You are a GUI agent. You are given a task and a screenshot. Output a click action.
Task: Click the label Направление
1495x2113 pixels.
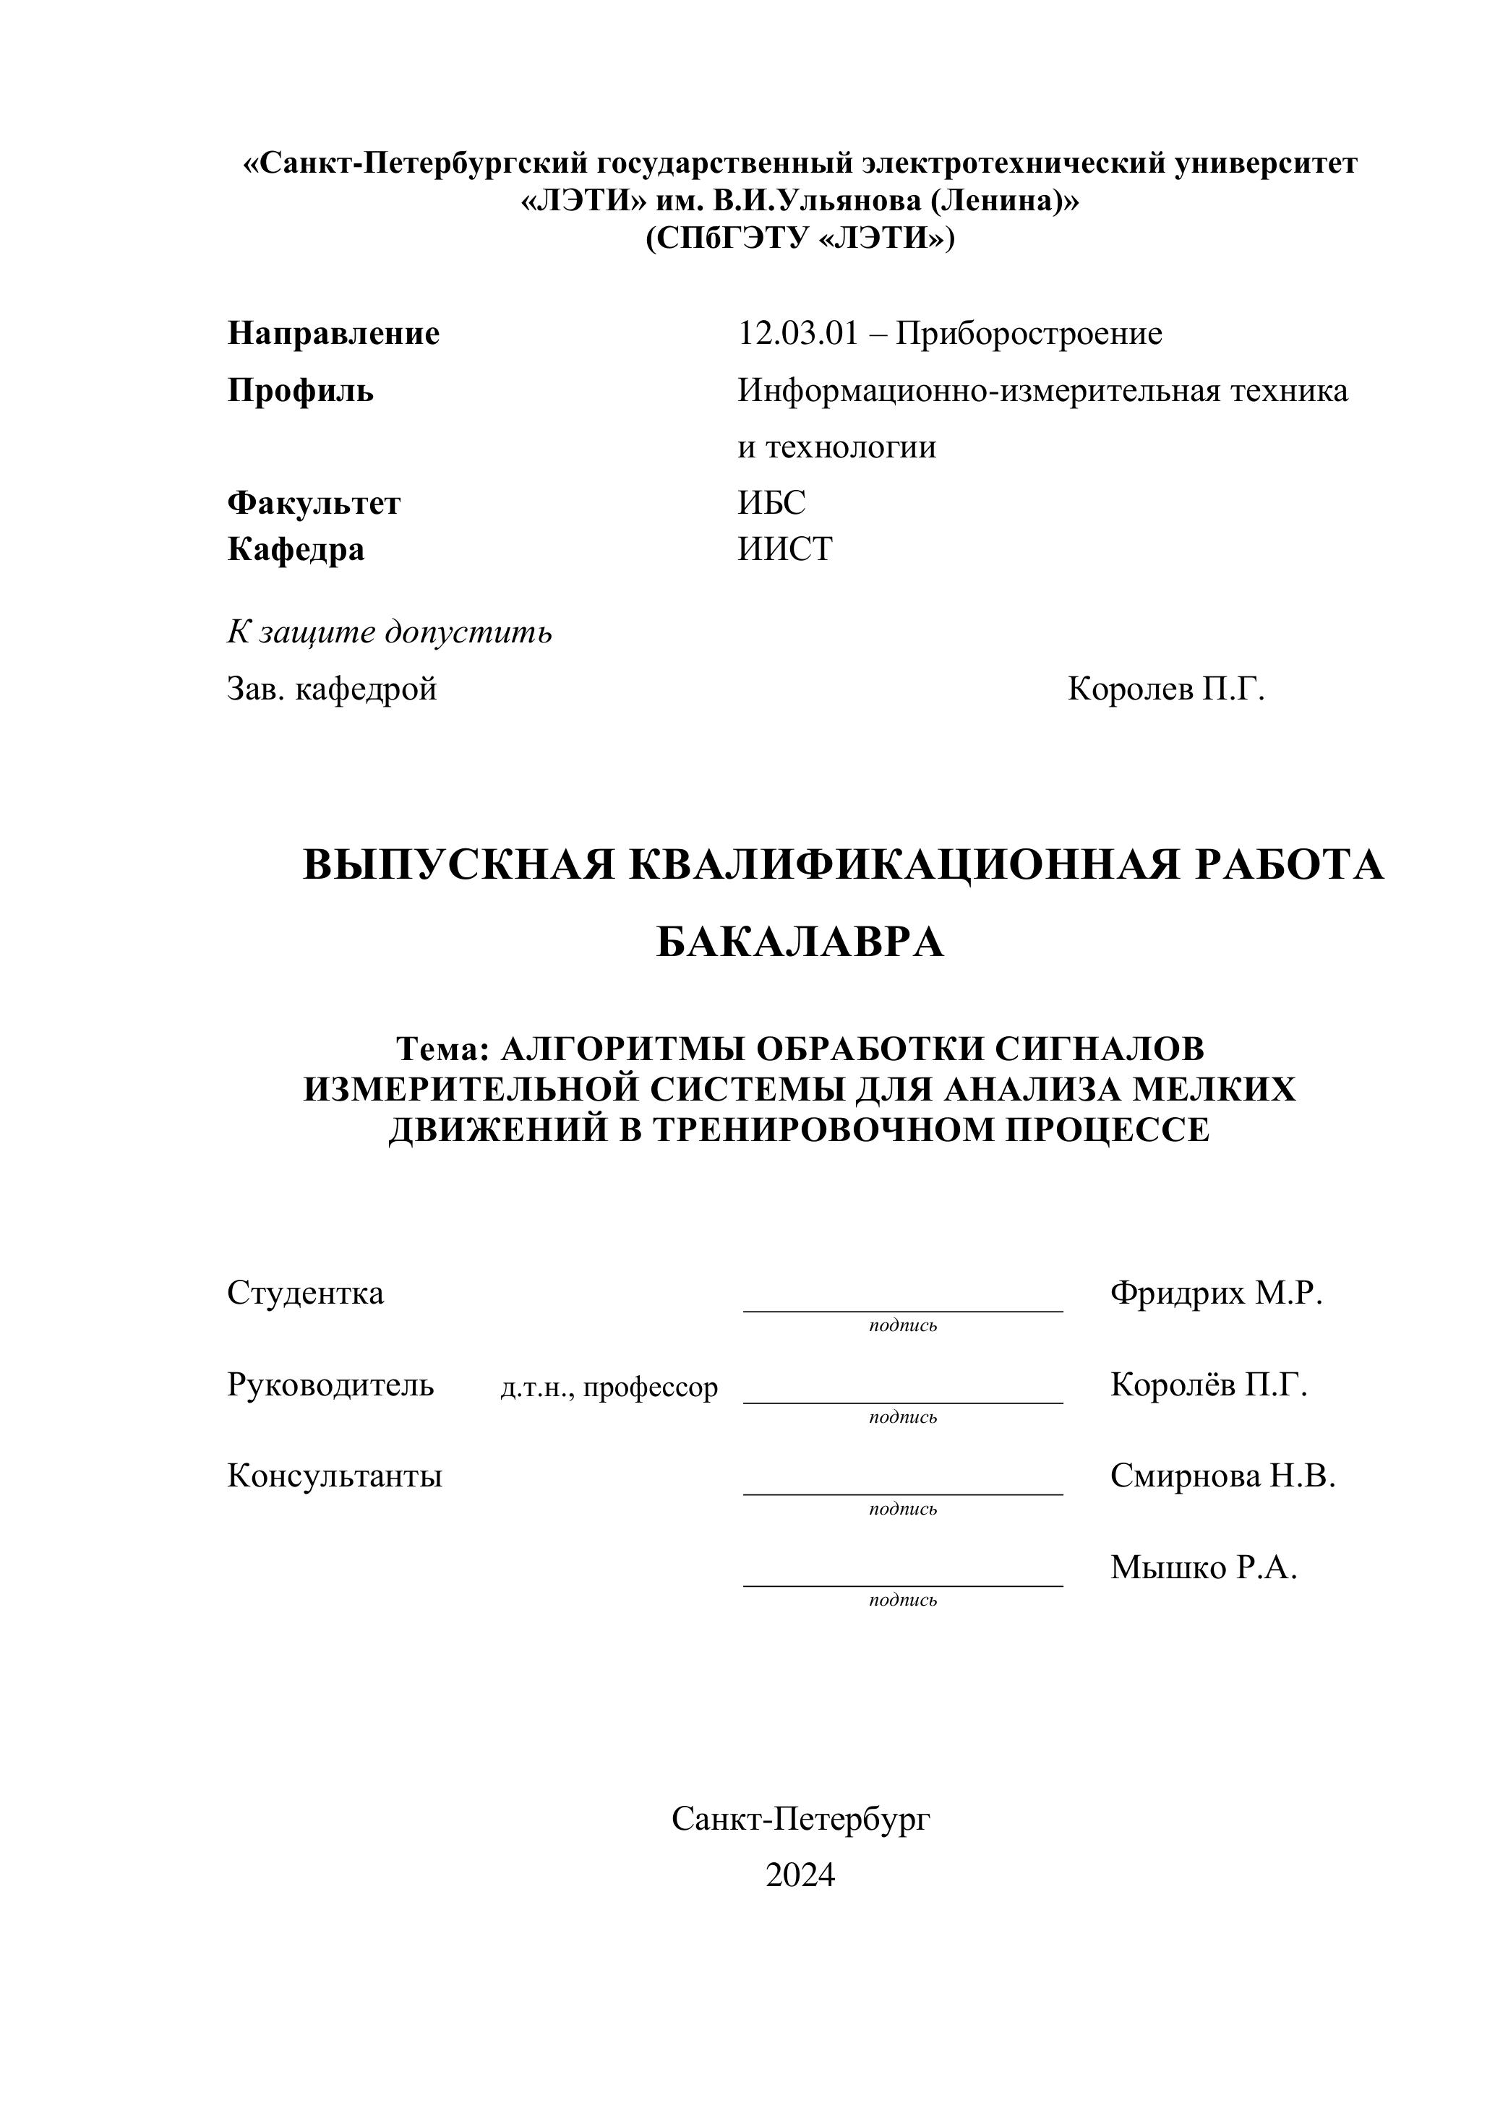[x=333, y=333]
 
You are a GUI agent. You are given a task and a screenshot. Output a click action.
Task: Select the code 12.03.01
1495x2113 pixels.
[x=797, y=333]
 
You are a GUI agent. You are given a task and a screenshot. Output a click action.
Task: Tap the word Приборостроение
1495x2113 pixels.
[x=1029, y=333]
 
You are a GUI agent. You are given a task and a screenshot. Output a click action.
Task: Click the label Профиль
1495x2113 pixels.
[x=300, y=390]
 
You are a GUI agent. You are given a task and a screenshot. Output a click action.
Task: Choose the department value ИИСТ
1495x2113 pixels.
[x=785, y=549]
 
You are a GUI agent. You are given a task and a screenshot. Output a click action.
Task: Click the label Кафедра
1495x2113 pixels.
[x=296, y=549]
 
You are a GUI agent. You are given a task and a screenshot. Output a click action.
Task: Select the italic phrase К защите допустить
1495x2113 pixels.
[x=390, y=632]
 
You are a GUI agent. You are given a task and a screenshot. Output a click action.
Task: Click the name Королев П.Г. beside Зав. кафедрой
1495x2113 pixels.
[x=1166, y=689]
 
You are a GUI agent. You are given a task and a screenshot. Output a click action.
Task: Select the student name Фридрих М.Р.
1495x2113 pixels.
[x=1216, y=1293]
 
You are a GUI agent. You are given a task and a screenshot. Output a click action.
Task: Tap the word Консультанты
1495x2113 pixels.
[x=334, y=1476]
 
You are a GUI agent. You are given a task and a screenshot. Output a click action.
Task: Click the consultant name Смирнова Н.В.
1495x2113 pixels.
[x=1222, y=1476]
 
